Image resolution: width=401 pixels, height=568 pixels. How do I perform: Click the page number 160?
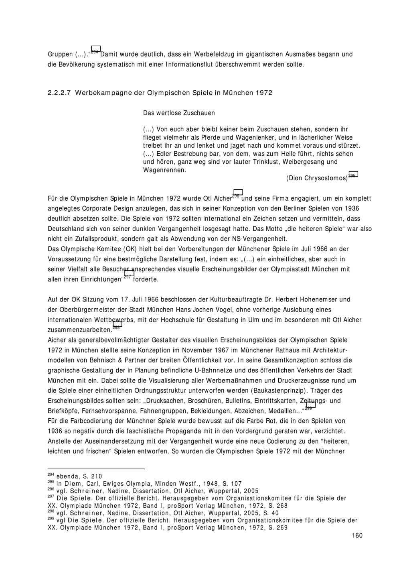point(357,535)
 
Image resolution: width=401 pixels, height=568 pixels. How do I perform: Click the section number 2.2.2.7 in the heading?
point(59,93)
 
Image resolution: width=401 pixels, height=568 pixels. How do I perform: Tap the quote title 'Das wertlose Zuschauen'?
point(179,113)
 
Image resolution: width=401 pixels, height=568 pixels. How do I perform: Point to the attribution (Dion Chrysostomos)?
point(317,178)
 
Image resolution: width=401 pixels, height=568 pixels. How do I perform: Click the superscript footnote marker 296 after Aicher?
point(236,196)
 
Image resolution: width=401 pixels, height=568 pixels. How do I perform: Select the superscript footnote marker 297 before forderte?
point(128,277)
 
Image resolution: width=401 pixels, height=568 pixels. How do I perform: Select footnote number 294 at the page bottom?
point(51,475)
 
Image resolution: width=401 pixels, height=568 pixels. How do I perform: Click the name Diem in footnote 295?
point(73,484)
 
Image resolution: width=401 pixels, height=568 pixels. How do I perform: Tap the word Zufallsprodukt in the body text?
point(91,239)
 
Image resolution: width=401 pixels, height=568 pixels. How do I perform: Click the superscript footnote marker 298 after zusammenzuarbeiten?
point(116,328)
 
